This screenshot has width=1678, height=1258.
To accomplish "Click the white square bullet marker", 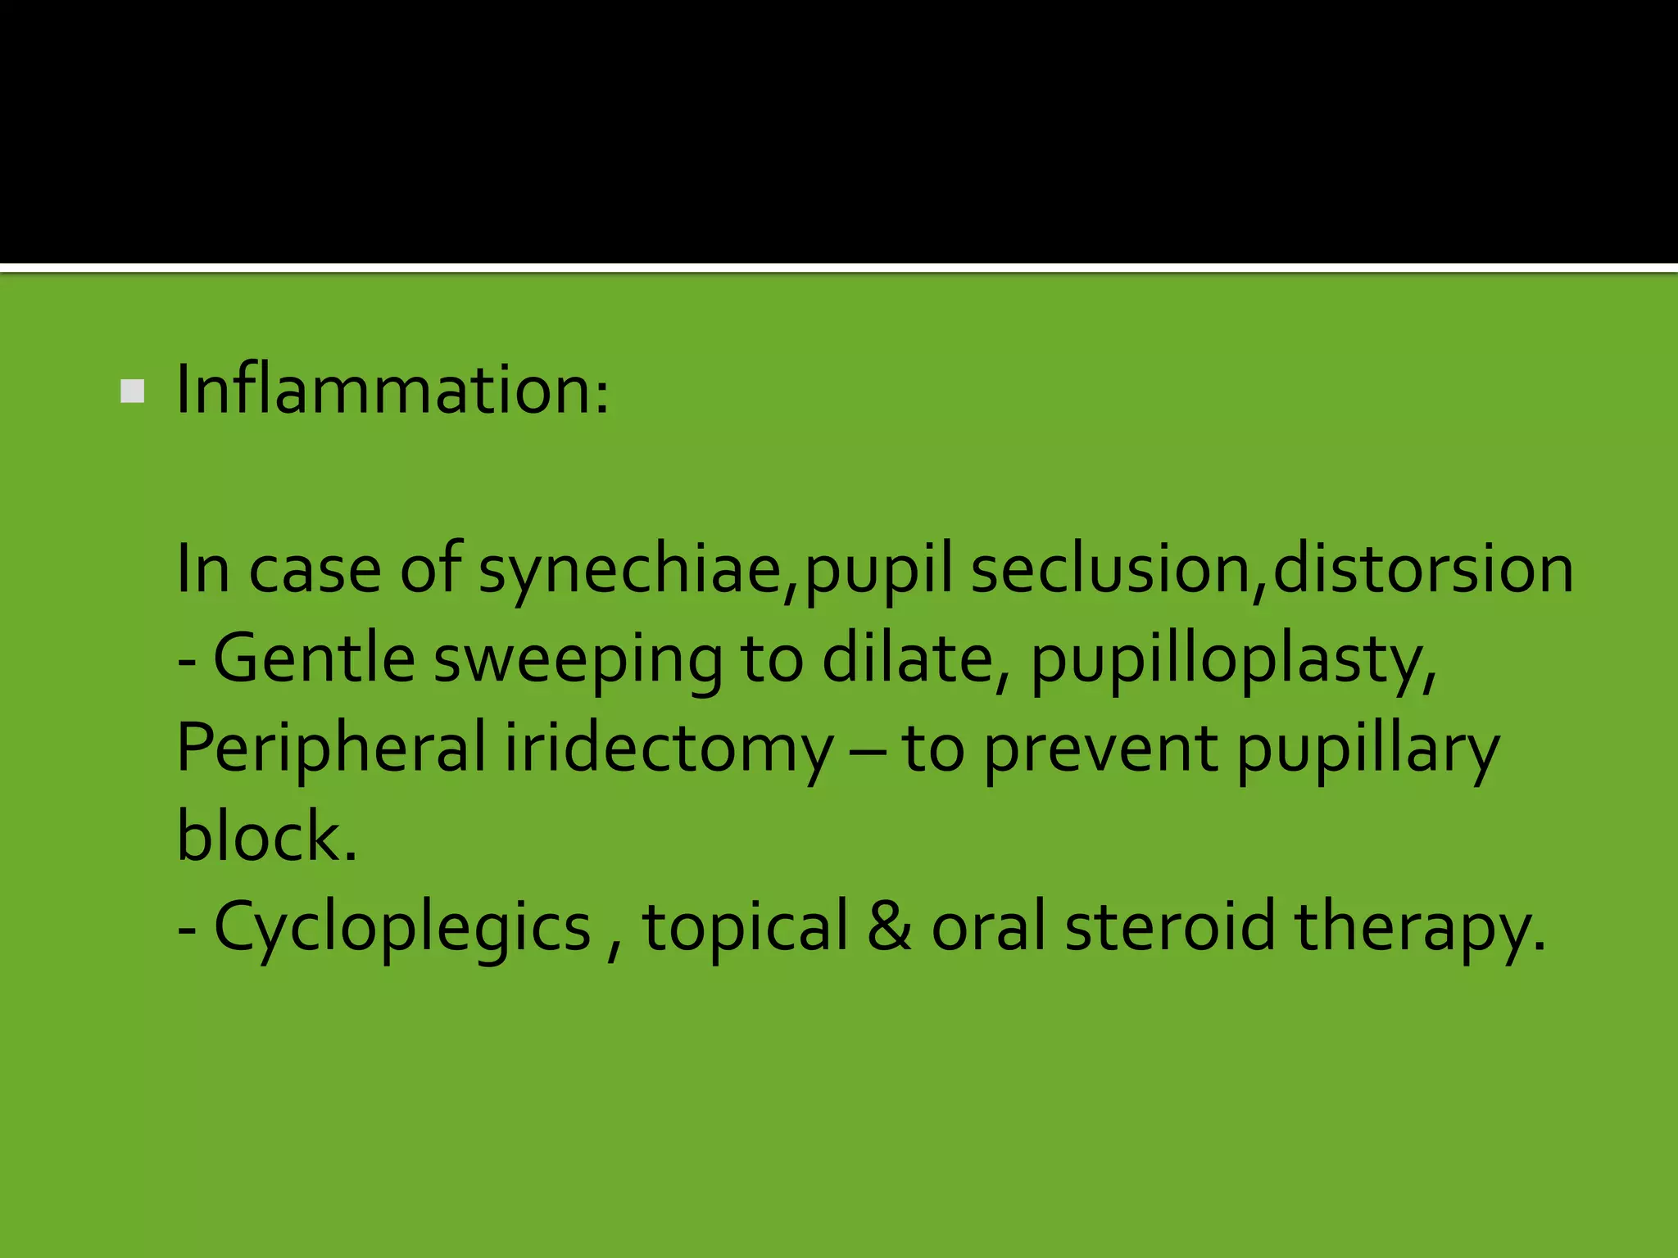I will click(132, 391).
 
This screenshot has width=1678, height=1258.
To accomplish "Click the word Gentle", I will click(314, 658).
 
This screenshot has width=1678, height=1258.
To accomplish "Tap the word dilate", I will click(907, 658).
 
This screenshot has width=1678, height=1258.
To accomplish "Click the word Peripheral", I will click(332, 749).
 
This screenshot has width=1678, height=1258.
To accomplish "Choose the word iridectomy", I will click(669, 749).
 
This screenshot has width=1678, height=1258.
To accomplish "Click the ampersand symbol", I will click(889, 926).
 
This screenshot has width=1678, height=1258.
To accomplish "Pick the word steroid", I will click(1169, 926).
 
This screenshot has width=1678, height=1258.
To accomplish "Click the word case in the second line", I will click(315, 570).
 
